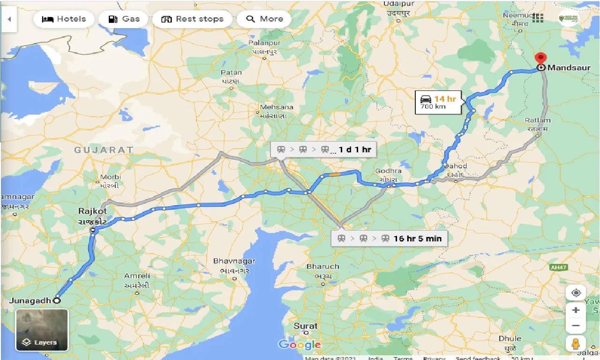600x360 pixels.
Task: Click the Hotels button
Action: (64, 19)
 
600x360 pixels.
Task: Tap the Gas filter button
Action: (124, 19)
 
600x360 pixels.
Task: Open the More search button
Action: (264, 19)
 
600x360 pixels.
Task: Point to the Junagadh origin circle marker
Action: (57, 300)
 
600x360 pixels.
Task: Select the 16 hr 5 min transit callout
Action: (389, 238)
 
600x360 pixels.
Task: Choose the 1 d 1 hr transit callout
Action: (323, 150)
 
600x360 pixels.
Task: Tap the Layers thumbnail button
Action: (42, 330)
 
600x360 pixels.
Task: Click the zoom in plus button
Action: (576, 310)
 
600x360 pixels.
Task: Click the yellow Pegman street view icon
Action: (576, 344)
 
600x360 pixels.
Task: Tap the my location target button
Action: (576, 293)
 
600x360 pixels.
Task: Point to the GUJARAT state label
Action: (104, 150)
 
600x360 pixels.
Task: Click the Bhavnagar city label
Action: (234, 261)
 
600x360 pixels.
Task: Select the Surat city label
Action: (306, 326)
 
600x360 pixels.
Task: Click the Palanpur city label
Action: (264, 43)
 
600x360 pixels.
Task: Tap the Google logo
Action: (300, 345)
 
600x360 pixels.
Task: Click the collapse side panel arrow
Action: (9, 19)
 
